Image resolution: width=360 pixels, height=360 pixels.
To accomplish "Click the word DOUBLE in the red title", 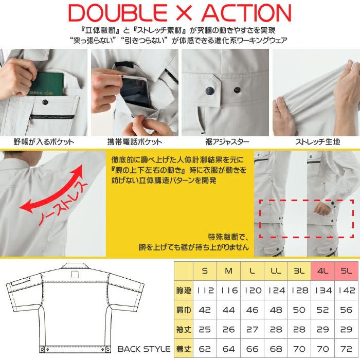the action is click(x=118, y=13).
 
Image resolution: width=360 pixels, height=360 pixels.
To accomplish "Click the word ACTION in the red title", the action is click(x=246, y=13).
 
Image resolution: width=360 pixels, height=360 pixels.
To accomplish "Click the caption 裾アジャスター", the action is click(x=227, y=141).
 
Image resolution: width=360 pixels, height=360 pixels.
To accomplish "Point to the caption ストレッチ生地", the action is click(x=317, y=141).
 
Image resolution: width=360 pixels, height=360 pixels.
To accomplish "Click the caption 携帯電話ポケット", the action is click(x=135, y=141).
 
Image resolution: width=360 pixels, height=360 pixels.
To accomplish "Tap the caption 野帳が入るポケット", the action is click(x=44, y=141).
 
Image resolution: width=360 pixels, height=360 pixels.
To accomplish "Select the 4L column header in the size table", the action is click(x=322, y=271).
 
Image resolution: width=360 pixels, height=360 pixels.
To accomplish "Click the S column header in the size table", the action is click(x=205, y=271).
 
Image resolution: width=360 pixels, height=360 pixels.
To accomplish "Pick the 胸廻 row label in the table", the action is click(x=184, y=290).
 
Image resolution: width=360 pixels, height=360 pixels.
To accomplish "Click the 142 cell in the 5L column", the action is click(x=347, y=291).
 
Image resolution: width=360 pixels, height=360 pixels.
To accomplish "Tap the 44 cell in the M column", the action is click(x=228, y=310).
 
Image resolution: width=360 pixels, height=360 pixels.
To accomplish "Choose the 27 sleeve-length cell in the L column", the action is click(x=252, y=330).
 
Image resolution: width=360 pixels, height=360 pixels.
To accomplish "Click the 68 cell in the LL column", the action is click(x=276, y=349).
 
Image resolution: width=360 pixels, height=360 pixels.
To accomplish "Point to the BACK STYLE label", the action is click(x=144, y=349).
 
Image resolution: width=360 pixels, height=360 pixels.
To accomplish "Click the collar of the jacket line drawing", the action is click(x=75, y=266).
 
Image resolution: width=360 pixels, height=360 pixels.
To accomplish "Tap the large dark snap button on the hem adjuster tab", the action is click(x=210, y=91).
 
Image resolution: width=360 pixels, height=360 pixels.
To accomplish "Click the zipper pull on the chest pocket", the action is click(x=30, y=123).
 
